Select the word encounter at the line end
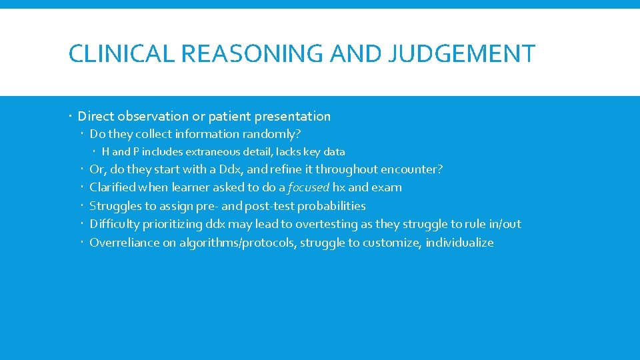click(413, 169)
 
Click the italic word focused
click(309, 188)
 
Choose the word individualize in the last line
click(460, 243)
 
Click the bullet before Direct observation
click(71, 117)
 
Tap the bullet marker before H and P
click(95, 152)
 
